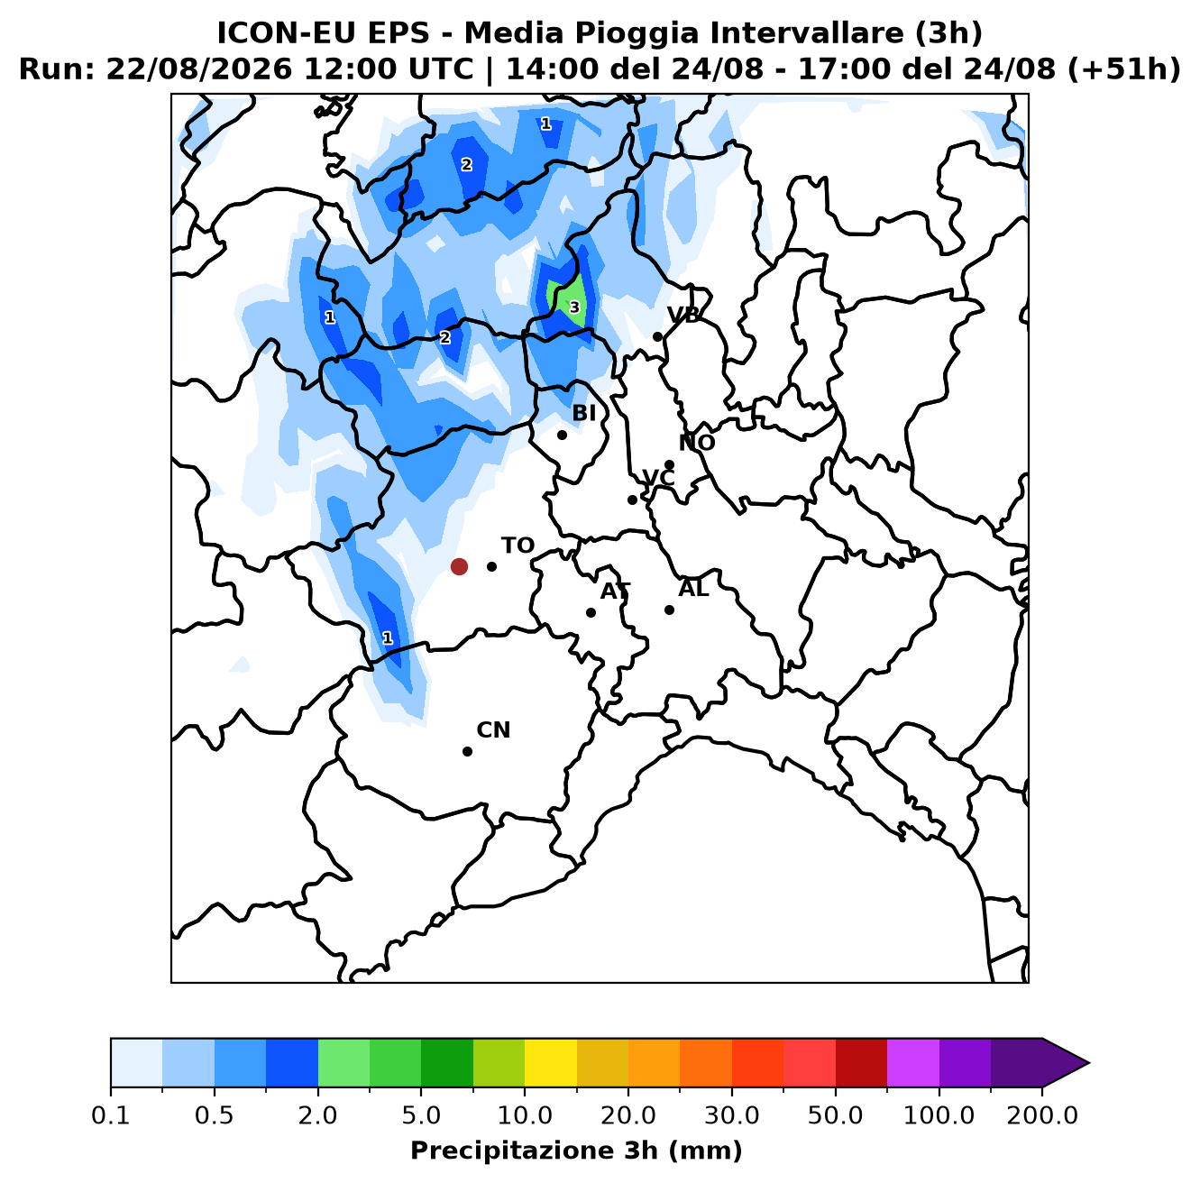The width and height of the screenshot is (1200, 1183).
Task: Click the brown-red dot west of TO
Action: (459, 566)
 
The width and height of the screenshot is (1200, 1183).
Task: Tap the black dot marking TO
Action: (491, 566)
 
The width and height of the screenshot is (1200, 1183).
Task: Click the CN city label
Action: (493, 729)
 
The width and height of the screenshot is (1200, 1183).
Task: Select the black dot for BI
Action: (562, 435)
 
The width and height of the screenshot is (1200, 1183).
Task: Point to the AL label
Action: (693, 588)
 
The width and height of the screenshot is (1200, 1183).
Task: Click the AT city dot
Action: (591, 612)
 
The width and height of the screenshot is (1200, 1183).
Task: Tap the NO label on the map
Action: (697, 443)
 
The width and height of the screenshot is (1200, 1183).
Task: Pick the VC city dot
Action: (632, 500)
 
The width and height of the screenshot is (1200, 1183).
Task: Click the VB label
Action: (683, 315)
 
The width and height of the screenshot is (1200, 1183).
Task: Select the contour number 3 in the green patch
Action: (574, 307)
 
